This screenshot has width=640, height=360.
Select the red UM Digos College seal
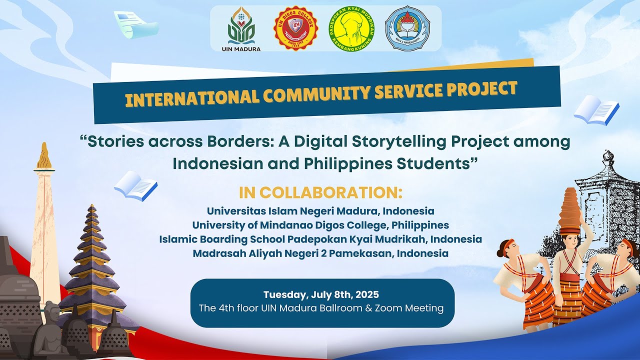point(296,27)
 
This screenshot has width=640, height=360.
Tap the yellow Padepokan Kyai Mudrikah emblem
point(352,28)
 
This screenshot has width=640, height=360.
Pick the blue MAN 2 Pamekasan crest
point(407,28)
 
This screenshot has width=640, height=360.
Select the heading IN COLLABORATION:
point(320,192)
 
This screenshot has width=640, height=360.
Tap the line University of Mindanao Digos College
point(320,225)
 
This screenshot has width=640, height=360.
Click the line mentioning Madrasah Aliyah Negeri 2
point(320,253)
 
